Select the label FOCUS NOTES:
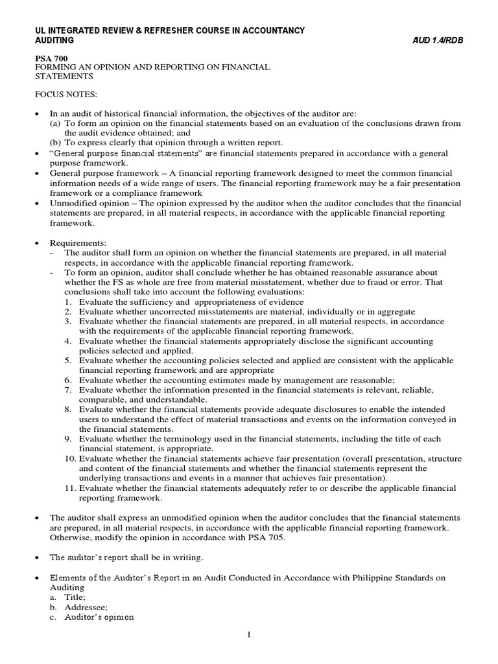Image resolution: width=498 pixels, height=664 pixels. click(65, 95)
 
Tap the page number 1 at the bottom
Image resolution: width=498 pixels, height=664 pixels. click(248, 639)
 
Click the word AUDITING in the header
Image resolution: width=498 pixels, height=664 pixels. click(54, 40)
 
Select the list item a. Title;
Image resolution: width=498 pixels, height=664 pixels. click(68, 597)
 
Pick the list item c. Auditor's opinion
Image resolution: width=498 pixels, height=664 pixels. click(91, 617)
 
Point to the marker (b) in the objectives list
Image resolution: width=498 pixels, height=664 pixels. click(56, 143)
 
